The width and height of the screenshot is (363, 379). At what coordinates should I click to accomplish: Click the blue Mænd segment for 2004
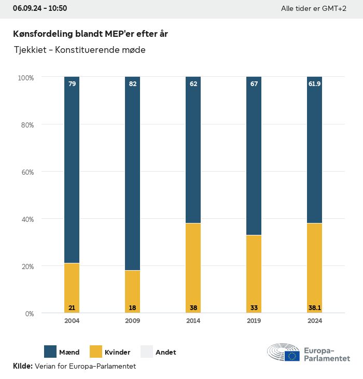coord(72,171)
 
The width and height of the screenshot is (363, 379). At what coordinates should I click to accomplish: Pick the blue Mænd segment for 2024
coord(314,150)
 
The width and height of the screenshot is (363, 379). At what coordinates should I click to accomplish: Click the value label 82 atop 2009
coord(133,84)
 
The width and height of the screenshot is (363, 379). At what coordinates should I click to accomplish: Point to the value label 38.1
coord(314,307)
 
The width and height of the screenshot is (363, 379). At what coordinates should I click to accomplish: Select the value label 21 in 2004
coord(72,307)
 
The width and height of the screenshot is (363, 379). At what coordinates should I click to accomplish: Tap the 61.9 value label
coord(314,84)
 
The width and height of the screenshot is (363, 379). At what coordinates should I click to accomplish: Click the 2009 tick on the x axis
coord(133,321)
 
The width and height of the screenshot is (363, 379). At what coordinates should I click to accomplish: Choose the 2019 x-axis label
coord(254,321)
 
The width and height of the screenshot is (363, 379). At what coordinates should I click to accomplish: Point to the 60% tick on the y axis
coord(26,172)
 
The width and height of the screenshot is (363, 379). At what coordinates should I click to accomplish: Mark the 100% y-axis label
coord(25,78)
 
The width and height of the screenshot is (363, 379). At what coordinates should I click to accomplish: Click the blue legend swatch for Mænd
coord(50,352)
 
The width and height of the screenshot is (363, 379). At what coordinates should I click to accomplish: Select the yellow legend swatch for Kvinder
coord(96,352)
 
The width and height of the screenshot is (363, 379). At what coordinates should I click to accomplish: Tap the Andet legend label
coord(165,352)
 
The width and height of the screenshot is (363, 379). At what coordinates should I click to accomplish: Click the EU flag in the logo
coord(292,356)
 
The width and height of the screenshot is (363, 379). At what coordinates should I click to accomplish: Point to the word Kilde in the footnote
coord(22,366)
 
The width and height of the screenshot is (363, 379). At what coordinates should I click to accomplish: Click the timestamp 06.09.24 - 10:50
coord(40,9)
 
